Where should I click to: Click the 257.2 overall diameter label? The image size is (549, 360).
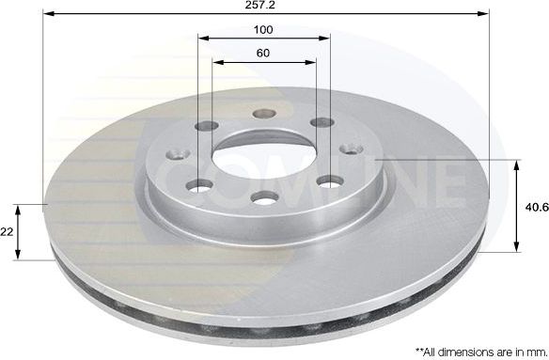coord(264,6)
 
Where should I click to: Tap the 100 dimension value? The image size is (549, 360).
coord(264,29)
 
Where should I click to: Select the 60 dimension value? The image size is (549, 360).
coord(264,53)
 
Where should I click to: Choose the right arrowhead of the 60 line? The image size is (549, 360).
coord(313,63)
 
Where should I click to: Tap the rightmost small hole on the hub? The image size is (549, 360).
coord(353,149)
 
